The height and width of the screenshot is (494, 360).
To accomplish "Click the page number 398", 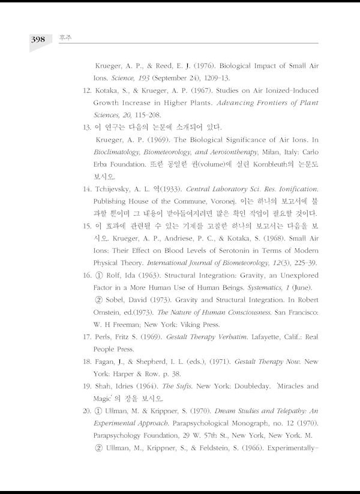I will (x=38, y=39).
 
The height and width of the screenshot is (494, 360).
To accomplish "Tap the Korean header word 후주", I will (x=63, y=38).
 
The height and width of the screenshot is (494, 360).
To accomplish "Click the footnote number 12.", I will (x=86, y=91).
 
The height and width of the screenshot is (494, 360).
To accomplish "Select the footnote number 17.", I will (x=86, y=337).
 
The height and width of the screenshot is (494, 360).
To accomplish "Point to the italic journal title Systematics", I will (x=265, y=288).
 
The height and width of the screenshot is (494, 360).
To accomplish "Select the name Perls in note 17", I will (x=103, y=337).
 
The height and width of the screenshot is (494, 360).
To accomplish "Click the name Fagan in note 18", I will (x=106, y=362).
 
